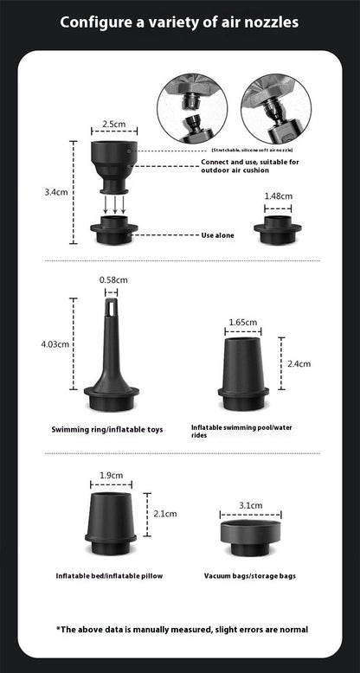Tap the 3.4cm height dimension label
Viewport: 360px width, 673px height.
coord(56,192)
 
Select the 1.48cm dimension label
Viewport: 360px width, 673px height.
coord(278,195)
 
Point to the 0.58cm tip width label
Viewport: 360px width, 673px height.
coord(113,279)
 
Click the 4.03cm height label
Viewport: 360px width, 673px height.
coord(55,343)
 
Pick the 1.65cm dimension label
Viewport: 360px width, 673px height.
coord(243,322)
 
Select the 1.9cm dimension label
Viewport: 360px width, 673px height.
coord(111,475)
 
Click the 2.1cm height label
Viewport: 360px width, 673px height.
coord(164,513)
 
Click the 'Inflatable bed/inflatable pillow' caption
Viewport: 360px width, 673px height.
coord(109,575)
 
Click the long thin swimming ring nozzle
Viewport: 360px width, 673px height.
coord(113,355)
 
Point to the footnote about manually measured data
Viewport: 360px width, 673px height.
coord(182,629)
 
